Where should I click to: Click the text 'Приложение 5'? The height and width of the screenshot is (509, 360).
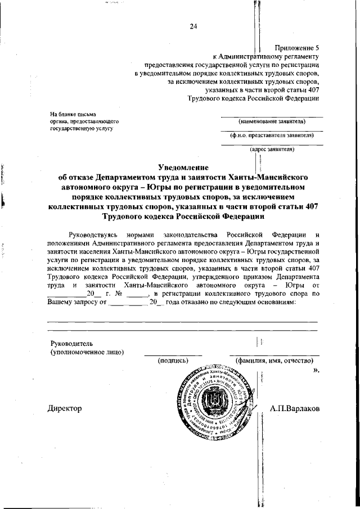297,48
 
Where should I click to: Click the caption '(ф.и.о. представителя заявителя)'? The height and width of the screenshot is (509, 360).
272,135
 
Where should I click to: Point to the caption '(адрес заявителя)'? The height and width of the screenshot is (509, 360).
272,149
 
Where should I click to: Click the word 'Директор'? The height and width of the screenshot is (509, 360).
65,408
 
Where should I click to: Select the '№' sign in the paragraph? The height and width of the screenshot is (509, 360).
119,294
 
